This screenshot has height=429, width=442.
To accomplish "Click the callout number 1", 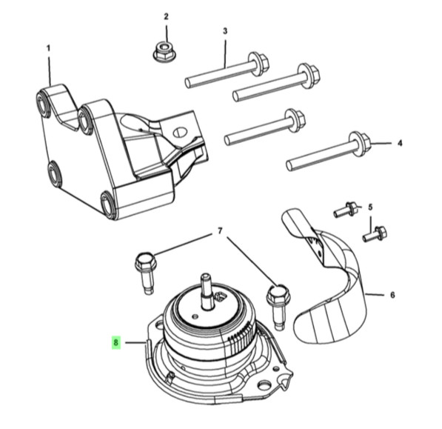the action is [48, 48].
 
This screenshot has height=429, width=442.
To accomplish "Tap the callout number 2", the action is [166, 16].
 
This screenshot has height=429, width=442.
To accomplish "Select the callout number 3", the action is [225, 31].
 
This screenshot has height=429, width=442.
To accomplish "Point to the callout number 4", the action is [400, 143].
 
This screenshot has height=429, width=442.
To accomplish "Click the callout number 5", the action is [370, 207].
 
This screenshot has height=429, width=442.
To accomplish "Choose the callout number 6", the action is [392, 295].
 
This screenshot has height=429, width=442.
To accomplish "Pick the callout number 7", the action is [220, 231].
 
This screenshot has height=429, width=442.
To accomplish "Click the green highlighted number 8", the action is [115, 342].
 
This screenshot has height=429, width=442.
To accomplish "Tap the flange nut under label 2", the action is [163, 51].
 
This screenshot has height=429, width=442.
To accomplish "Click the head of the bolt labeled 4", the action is [360, 144].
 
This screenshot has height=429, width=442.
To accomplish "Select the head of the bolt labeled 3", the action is [258, 64].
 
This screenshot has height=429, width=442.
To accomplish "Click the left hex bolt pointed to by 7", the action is [146, 273].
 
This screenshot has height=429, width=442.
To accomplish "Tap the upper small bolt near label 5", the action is [345, 209].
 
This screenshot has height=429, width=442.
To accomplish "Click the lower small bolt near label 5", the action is [375, 234].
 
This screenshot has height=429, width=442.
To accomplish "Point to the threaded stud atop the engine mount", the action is [206, 290].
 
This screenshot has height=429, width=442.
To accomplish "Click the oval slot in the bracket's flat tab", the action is [181, 133].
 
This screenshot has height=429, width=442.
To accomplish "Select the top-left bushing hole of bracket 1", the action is [43, 103].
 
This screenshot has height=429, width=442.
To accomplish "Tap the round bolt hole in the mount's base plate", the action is [264, 385].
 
